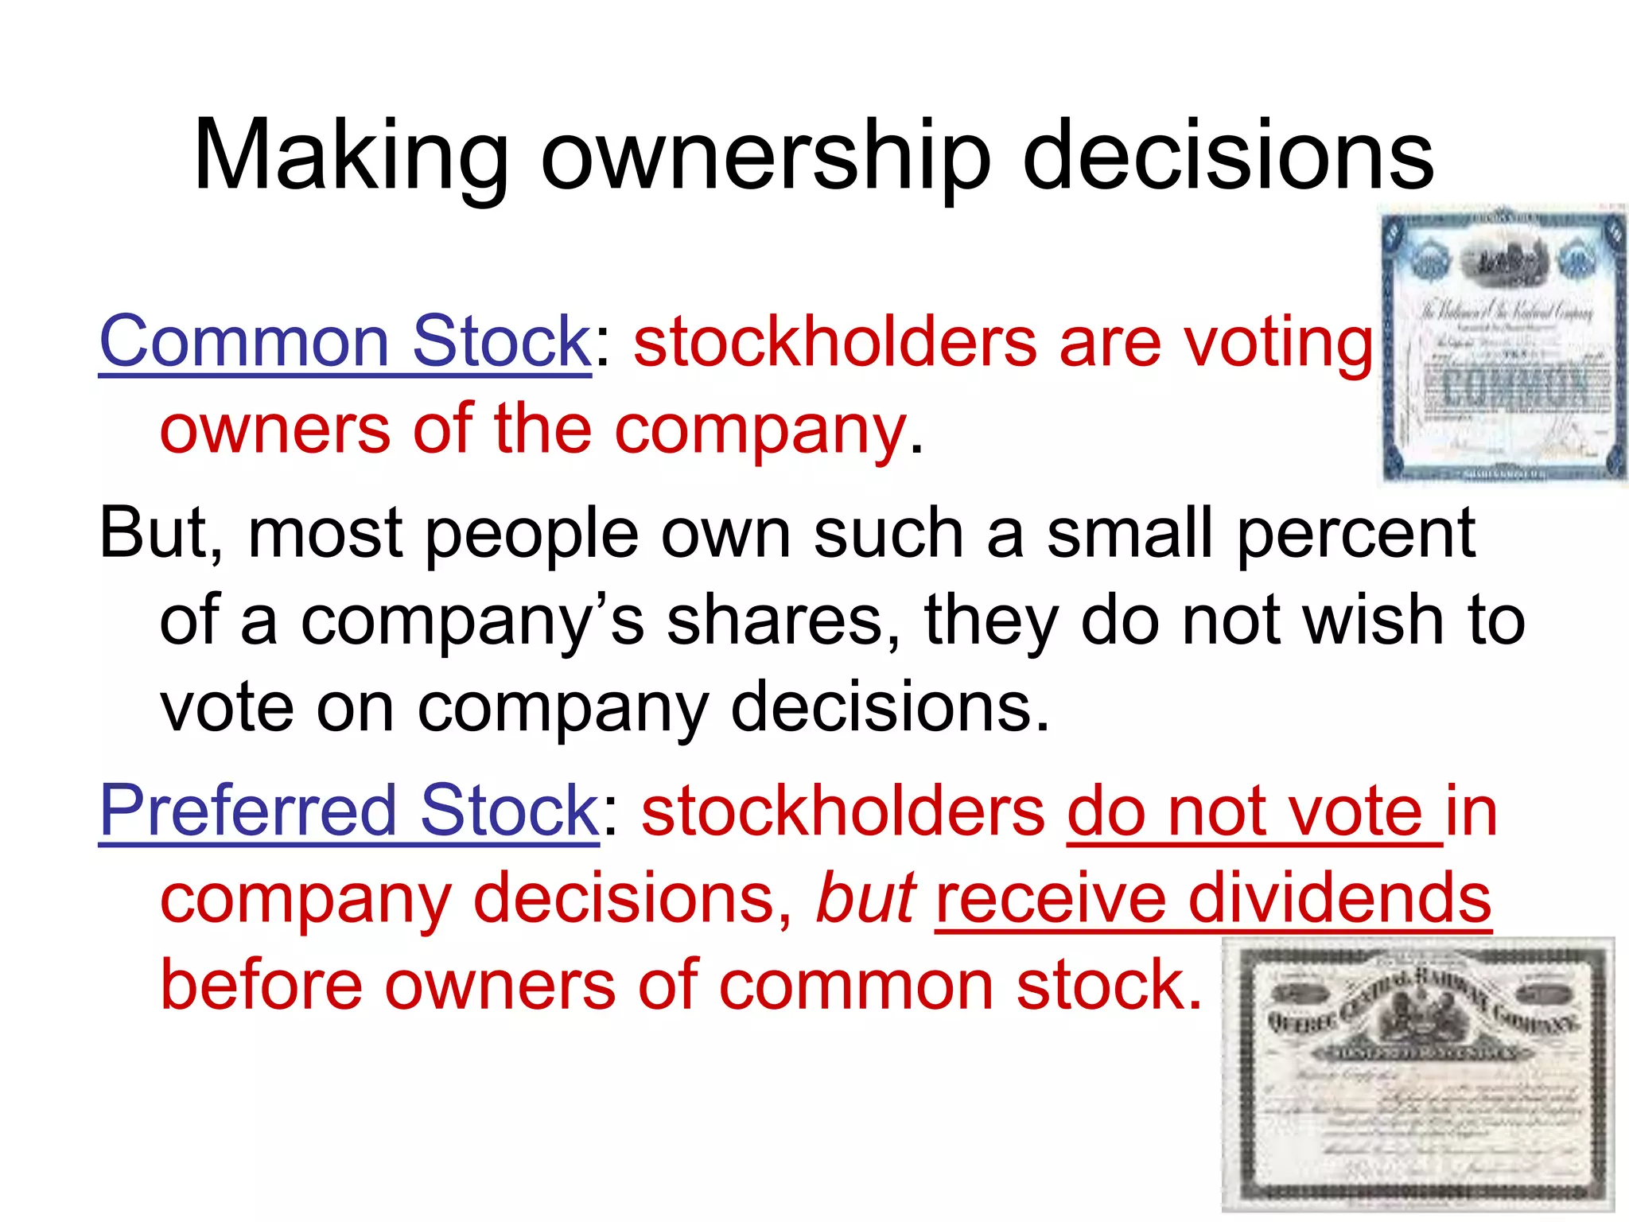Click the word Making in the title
tap(351, 155)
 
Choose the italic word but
tap(866, 897)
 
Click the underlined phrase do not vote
tap(1254, 811)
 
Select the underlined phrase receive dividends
tap(1213, 897)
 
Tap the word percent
tap(1355, 533)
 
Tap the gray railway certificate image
tap(1418, 1074)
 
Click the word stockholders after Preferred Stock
tap(843, 811)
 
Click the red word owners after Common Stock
tap(275, 430)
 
